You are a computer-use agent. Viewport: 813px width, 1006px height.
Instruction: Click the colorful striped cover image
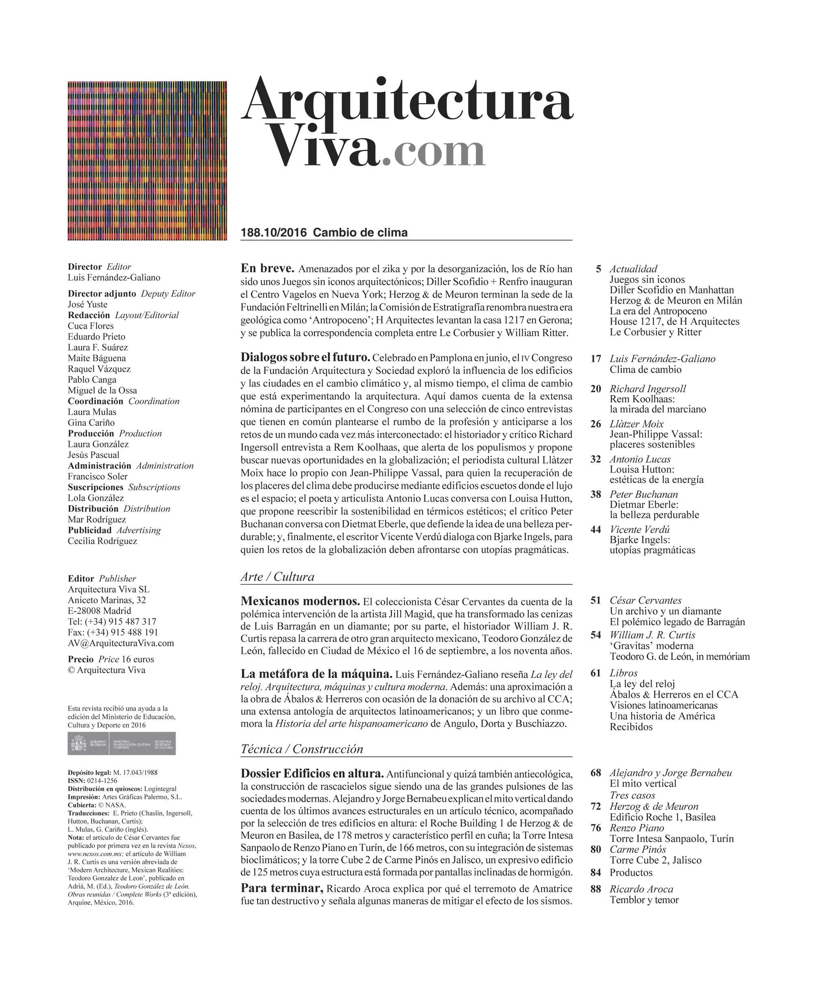click(x=147, y=161)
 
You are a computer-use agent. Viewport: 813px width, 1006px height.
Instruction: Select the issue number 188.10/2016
click(x=274, y=233)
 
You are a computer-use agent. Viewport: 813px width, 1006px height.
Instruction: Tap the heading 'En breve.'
click(x=267, y=268)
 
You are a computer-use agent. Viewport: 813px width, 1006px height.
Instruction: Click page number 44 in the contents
click(x=596, y=530)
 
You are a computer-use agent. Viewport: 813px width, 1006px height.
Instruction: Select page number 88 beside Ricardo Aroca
click(x=596, y=889)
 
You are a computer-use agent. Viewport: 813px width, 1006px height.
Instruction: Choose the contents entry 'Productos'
click(x=631, y=873)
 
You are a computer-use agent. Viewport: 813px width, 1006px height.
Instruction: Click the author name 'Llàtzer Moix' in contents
click(x=637, y=424)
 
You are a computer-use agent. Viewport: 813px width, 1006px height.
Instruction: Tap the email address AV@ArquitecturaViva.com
click(x=121, y=643)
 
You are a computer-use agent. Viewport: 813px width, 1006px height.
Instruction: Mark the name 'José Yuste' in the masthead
click(x=87, y=304)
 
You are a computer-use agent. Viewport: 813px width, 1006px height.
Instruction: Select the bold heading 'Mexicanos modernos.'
click(x=300, y=601)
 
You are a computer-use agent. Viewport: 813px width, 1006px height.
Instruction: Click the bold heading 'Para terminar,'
click(x=281, y=888)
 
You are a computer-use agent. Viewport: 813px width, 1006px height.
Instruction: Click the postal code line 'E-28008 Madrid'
click(x=99, y=611)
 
